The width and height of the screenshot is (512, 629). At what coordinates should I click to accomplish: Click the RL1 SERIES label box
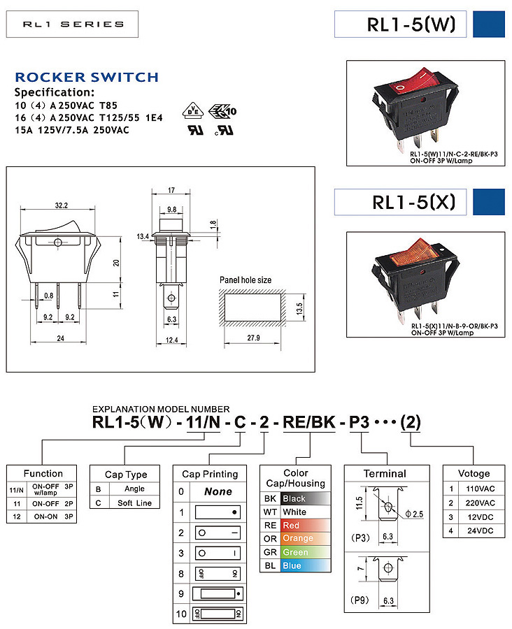pyautogui.click(x=73, y=24)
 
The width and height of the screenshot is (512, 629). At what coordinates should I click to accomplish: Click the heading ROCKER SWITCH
pyautogui.click(x=87, y=78)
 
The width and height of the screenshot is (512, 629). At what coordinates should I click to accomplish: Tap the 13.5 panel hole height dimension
pyautogui.click(x=299, y=306)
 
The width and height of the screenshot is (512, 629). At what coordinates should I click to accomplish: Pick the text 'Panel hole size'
pyautogui.click(x=246, y=280)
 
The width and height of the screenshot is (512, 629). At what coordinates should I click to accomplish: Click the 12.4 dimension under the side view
pyautogui.click(x=171, y=340)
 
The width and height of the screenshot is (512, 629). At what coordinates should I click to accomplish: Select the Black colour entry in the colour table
pyautogui.click(x=294, y=499)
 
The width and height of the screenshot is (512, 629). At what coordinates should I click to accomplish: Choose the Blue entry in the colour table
pyautogui.click(x=294, y=565)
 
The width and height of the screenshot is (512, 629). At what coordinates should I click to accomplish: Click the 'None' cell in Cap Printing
pyautogui.click(x=218, y=492)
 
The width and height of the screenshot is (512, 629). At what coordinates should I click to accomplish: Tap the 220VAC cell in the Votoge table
pyautogui.click(x=480, y=503)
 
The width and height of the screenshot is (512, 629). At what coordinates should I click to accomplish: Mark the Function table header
pyautogui.click(x=43, y=473)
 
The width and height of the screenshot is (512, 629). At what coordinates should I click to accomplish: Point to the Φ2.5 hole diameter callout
pyautogui.click(x=414, y=514)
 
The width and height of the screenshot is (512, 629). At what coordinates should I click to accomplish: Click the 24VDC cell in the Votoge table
pyautogui.click(x=480, y=530)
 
